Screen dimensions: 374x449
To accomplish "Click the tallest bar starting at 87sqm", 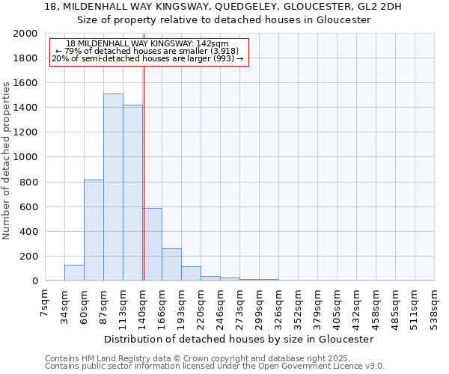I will point(113,187).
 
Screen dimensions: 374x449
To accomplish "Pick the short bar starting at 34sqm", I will point(74,273).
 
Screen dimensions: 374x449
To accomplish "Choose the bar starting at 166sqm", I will point(171,265).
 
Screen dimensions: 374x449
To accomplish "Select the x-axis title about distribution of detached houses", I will point(239,339).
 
